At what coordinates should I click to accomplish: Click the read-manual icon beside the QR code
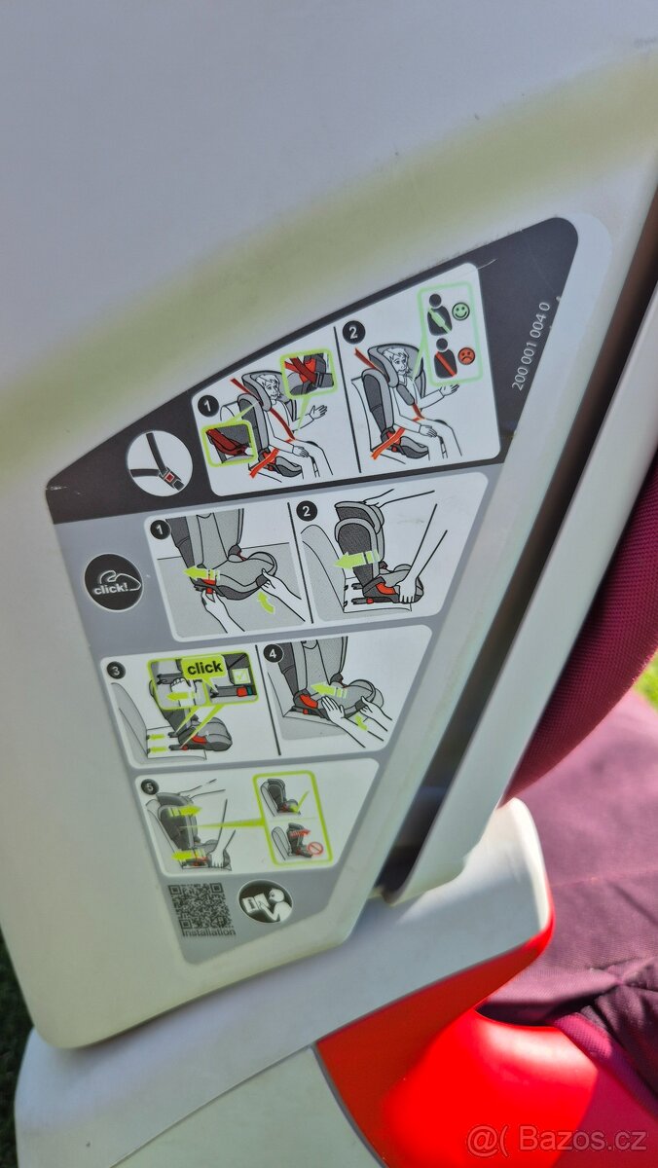pos(265,901)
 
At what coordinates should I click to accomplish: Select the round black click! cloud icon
pos(113,582)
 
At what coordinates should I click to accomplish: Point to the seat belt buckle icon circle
pos(160,462)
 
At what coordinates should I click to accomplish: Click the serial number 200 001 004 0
pos(531,346)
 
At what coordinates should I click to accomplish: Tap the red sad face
pos(466,355)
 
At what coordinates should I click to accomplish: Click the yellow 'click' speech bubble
pos(204,668)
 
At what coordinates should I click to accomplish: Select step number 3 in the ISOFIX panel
pos(117,670)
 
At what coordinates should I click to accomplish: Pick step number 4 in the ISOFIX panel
pos(273,653)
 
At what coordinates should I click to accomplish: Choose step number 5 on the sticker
pos(148,786)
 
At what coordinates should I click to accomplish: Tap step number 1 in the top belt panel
pos(206,404)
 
